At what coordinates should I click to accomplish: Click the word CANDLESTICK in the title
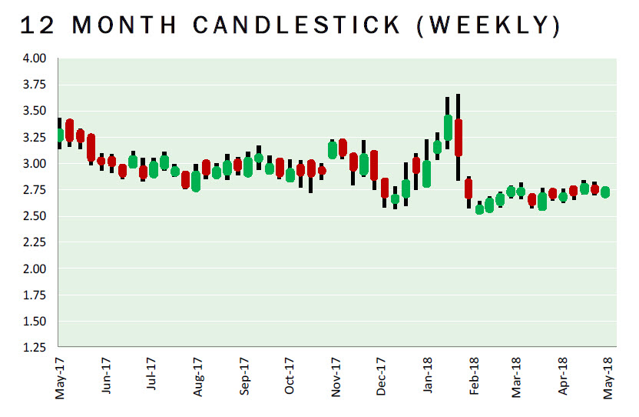tap(296, 25)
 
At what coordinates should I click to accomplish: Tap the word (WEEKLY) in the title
tap(491, 25)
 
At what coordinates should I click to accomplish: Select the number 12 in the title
tap(37, 25)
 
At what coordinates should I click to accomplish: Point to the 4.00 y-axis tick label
tap(36, 58)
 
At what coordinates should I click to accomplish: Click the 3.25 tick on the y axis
tap(36, 138)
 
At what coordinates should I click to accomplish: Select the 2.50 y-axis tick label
tap(36, 216)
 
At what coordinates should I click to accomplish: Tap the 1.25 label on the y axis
tap(36, 348)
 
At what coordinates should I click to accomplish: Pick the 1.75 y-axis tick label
tap(36, 295)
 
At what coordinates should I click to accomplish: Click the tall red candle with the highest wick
tap(459, 138)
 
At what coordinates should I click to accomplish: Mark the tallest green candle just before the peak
tap(448, 128)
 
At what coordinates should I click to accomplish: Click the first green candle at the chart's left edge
tap(59, 135)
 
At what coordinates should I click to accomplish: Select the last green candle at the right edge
tap(605, 192)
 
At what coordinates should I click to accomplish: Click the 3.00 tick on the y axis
tap(36, 164)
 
